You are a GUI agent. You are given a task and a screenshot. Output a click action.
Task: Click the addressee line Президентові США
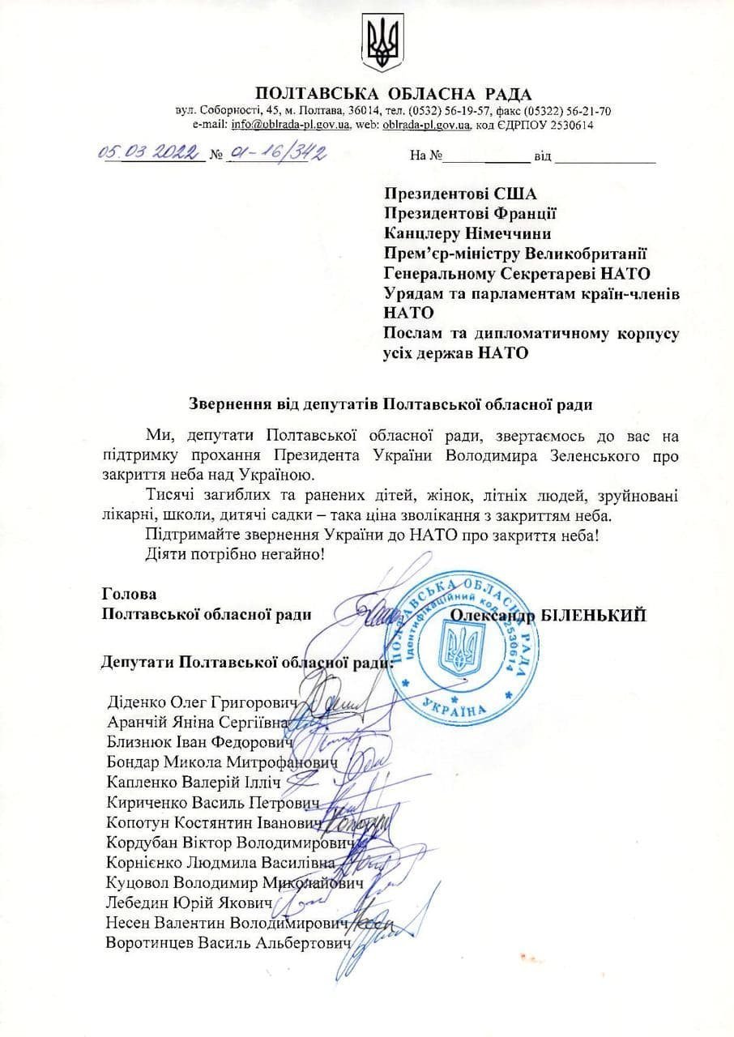coord(460,194)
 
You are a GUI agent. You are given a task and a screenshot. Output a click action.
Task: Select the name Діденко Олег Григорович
coord(203,701)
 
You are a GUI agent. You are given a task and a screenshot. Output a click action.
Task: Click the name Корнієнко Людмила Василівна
coord(228,862)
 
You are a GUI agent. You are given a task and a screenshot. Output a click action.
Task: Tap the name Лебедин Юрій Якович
coord(194,903)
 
